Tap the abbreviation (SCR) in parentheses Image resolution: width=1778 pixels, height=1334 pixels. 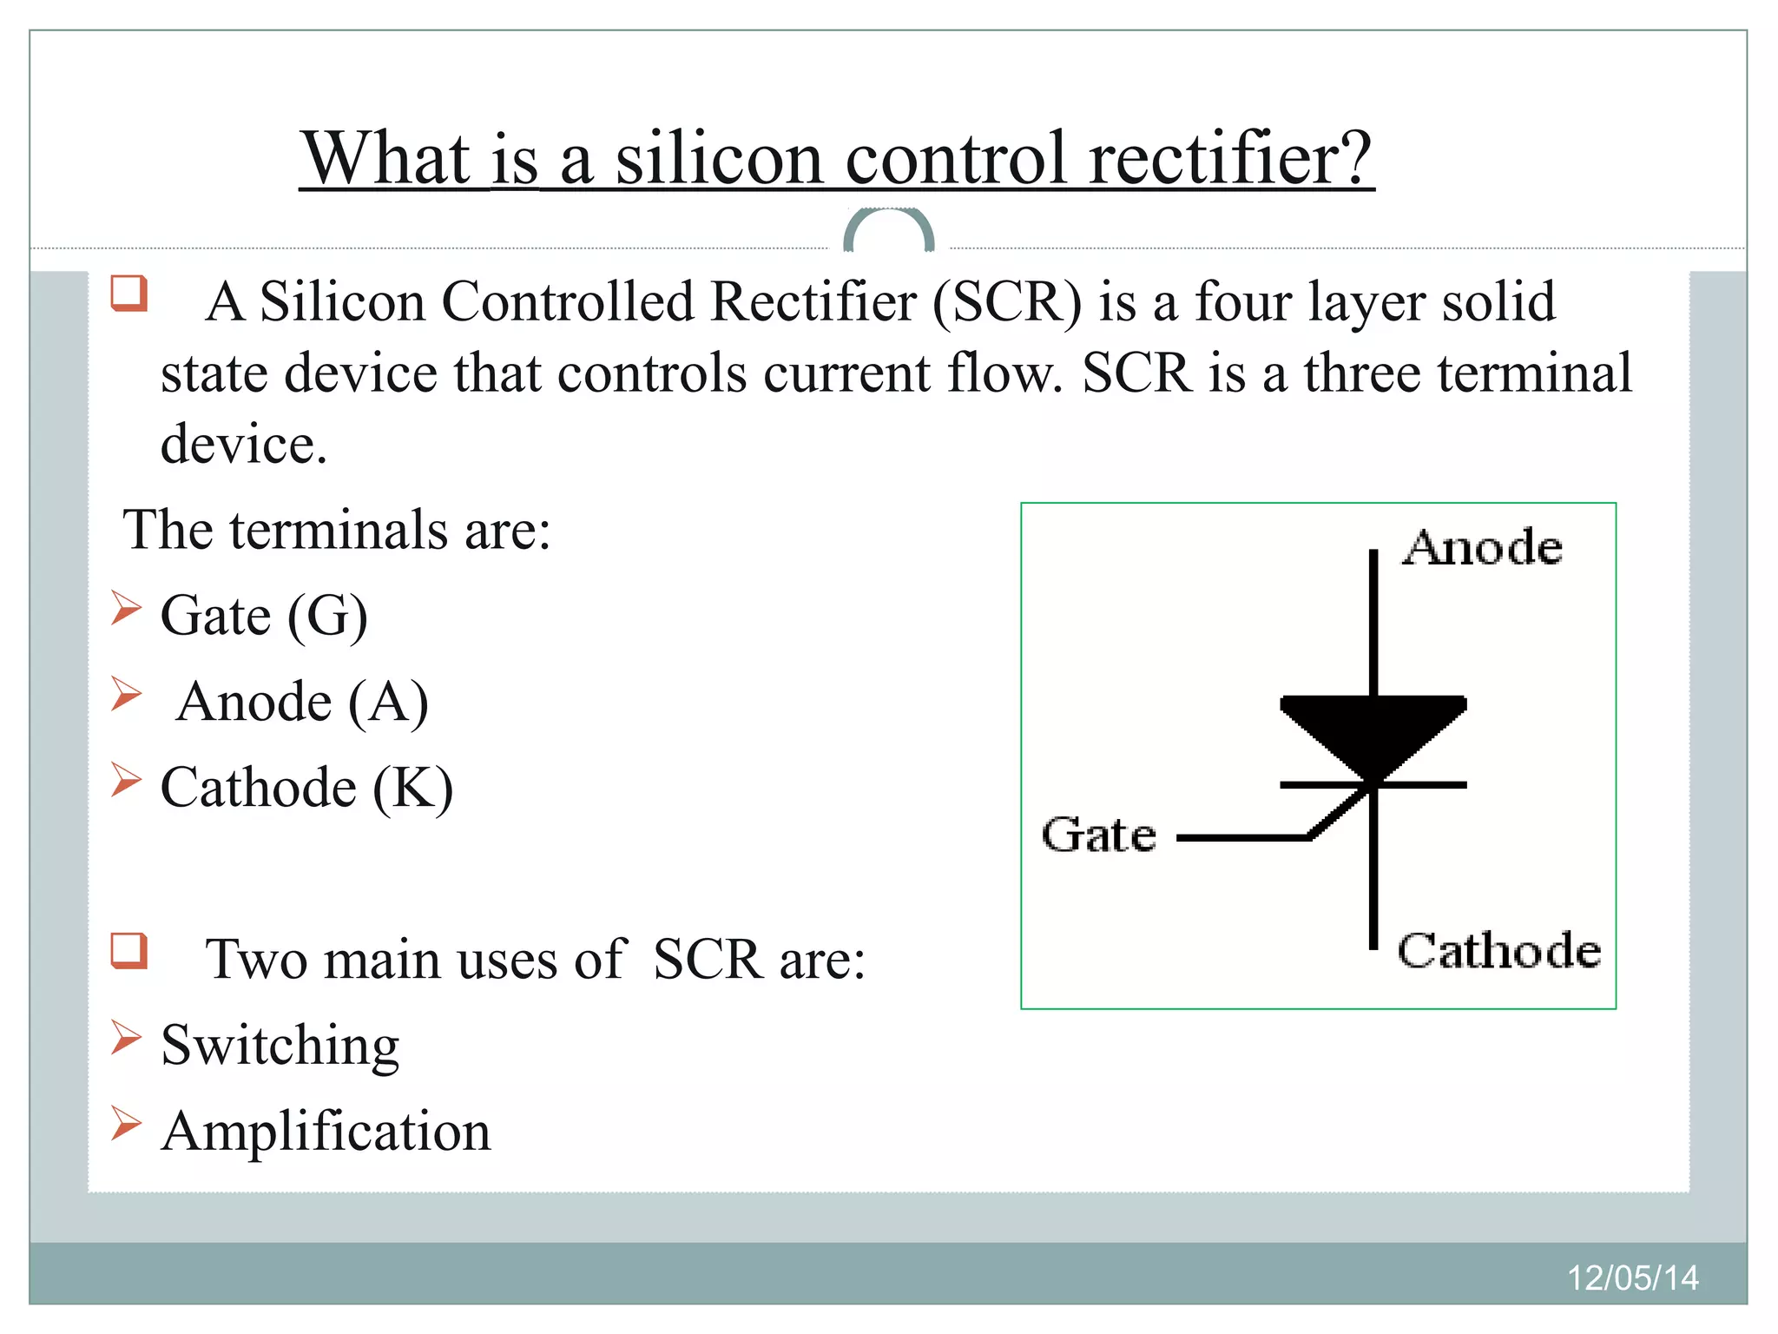(1008, 302)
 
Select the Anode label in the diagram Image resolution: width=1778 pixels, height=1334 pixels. (1483, 548)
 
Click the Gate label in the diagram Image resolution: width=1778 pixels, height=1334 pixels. (1099, 835)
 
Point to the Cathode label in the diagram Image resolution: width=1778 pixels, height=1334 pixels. (1498, 950)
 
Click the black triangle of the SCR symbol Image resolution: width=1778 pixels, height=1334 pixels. (1373, 730)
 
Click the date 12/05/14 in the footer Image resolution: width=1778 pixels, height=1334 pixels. (1632, 1278)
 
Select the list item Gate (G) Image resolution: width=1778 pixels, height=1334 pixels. (264, 616)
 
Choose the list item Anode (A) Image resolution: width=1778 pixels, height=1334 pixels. (301, 702)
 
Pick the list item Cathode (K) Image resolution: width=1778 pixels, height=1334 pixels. (306, 788)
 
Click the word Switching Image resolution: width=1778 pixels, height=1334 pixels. (280, 1045)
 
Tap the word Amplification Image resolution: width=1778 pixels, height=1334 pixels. (326, 1132)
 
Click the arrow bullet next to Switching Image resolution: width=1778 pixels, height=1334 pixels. (126, 1038)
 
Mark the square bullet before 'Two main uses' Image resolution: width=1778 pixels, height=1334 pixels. (128, 950)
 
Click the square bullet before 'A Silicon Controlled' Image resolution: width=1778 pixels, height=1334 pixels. (128, 294)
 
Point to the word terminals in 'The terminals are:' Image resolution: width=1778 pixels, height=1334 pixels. (339, 530)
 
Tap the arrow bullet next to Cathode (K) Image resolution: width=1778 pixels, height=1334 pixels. (126, 780)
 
